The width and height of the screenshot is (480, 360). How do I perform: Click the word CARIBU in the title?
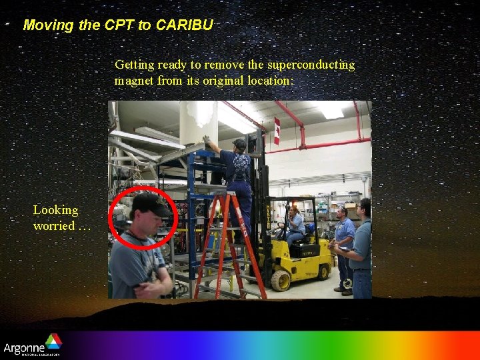coord(185,25)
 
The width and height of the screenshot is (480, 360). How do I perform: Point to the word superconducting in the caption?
coord(311,65)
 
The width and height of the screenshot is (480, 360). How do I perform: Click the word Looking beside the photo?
coord(56,210)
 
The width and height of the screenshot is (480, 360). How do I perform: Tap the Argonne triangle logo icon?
coord(53,341)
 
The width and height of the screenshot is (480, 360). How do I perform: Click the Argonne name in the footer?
coord(23,347)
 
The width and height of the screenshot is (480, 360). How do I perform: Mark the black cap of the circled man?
coord(149,203)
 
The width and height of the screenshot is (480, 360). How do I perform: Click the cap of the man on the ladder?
coord(239,143)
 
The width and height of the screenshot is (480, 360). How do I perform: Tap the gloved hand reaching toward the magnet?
coord(207,139)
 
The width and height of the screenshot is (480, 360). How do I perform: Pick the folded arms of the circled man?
coord(152,289)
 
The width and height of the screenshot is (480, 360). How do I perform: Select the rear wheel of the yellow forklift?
coord(324,272)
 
